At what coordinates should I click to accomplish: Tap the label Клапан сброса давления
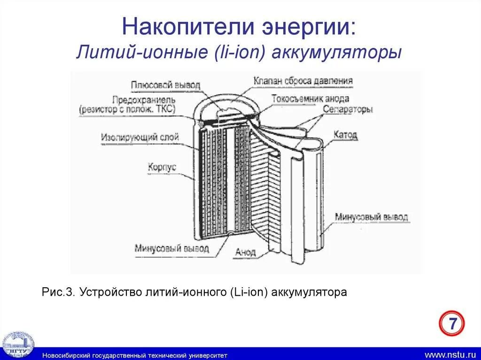click(303, 81)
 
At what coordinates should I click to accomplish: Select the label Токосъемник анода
click(310, 99)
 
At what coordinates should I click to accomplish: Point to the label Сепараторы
click(348, 109)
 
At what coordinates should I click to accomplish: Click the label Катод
click(345, 135)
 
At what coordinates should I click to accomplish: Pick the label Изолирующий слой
click(140, 138)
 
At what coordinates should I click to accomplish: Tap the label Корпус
click(162, 166)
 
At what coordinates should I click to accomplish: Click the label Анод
click(246, 252)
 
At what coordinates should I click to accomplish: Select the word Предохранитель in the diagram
click(144, 100)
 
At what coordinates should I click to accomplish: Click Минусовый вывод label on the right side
click(372, 217)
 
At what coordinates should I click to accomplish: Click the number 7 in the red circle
click(452, 324)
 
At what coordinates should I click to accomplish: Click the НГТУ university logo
click(18, 344)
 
